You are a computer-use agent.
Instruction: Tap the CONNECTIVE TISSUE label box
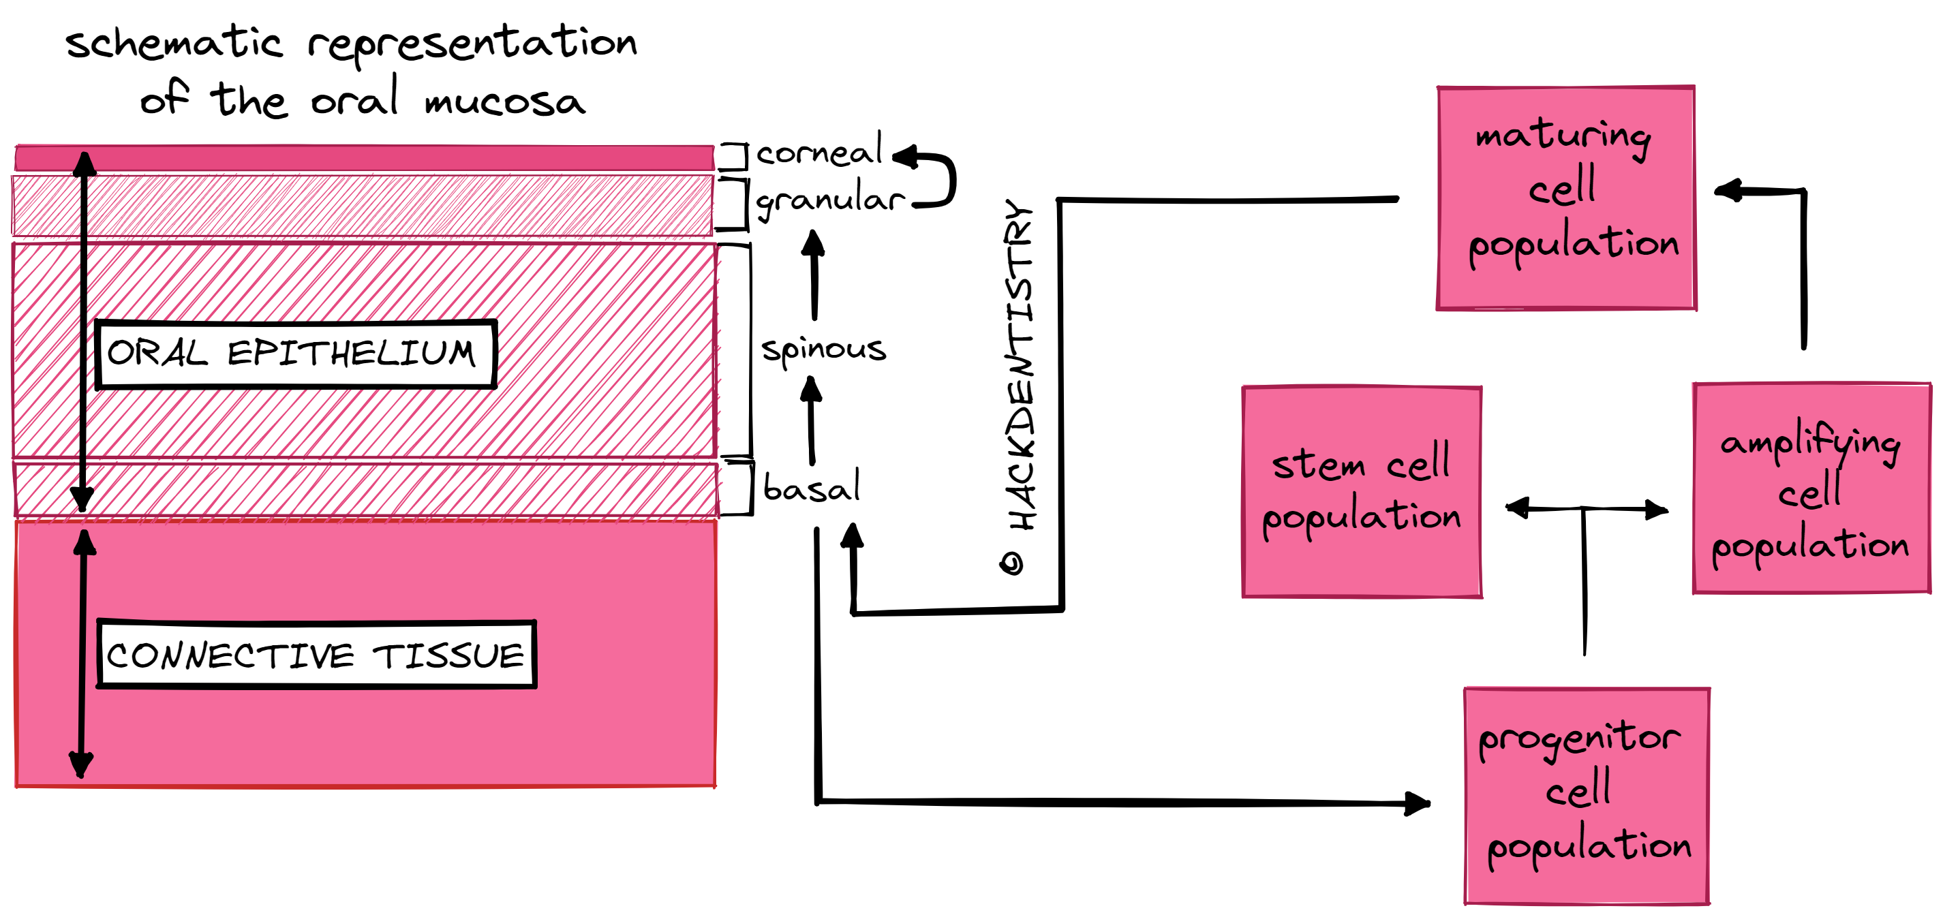tap(316, 655)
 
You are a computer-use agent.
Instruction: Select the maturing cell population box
tap(1566, 198)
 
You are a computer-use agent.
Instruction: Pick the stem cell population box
tap(1362, 492)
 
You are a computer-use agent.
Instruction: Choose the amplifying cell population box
tap(1811, 488)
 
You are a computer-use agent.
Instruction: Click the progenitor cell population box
tap(1587, 796)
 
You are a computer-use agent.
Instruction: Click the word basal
tap(811, 487)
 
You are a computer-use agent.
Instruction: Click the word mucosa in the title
tap(504, 102)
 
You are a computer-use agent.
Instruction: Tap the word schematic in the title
tap(174, 42)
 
